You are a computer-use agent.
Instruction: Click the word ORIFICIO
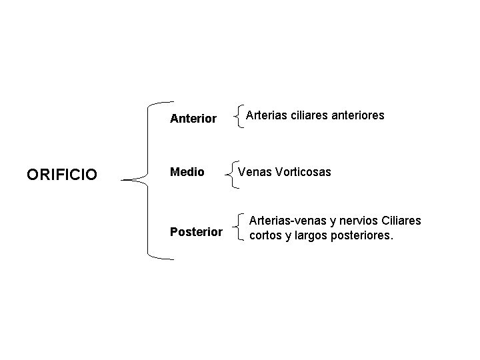[x=62, y=175]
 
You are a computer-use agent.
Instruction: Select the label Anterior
[x=193, y=119]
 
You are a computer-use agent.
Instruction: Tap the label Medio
[x=187, y=173]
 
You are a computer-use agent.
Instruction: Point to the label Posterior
[x=196, y=232]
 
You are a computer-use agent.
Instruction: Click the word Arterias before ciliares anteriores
[x=267, y=115]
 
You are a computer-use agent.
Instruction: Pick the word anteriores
[x=357, y=115]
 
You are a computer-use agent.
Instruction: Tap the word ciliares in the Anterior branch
[x=309, y=115]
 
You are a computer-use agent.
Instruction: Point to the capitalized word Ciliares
[x=401, y=221]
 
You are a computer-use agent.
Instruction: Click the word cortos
[x=265, y=235]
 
